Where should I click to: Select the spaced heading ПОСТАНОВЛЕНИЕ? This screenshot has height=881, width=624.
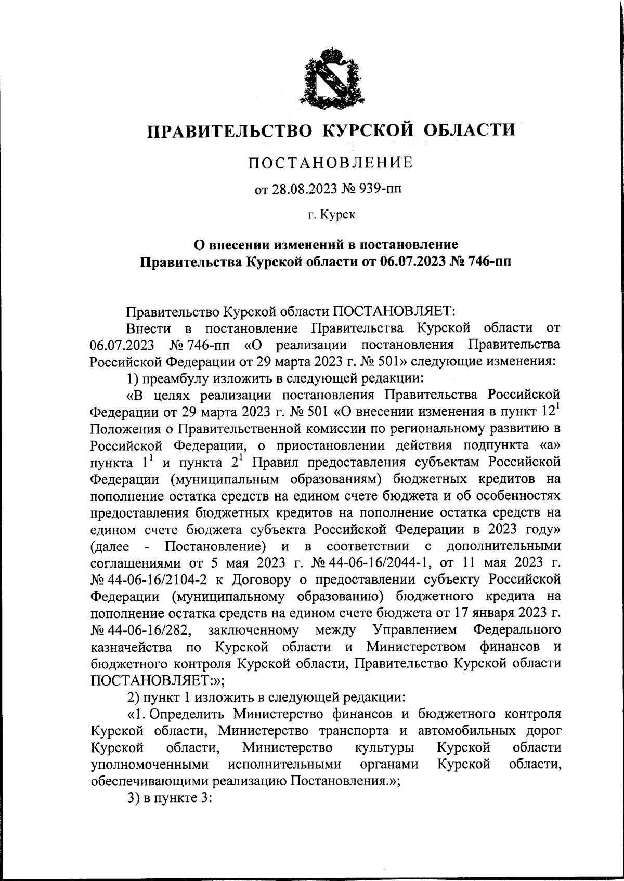coord(330,163)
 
